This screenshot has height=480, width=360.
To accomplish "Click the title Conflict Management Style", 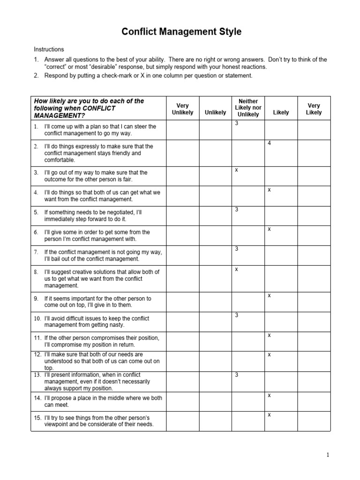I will coord(181,32).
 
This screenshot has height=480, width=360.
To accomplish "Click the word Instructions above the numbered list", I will coord(49,49).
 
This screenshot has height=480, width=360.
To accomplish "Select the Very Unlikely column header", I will coord(182,109).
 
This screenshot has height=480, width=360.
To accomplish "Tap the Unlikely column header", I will coord(215,112).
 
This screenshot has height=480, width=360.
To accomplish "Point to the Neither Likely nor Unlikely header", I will coord(248,108).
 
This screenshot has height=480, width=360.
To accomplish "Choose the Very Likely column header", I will coord(314,109).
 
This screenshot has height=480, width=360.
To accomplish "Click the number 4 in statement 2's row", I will coord(270,143).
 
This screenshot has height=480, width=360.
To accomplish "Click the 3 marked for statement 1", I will coord(237,123).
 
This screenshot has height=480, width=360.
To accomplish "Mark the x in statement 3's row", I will coord(237,170).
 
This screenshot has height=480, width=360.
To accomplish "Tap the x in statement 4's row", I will coord(270,189).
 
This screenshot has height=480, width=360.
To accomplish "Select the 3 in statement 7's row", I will coord(237,248).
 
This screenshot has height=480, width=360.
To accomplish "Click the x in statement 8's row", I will coord(237,269).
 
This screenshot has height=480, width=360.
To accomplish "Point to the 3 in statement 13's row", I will coord(237,375).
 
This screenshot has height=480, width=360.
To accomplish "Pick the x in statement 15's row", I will coord(270,414).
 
